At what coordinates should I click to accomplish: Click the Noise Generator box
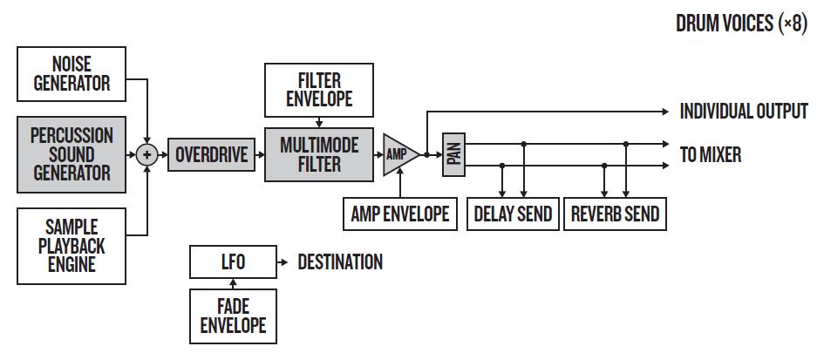tap(72, 73)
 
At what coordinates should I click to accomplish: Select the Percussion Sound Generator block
tap(72, 154)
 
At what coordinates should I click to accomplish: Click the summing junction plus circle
tap(148, 155)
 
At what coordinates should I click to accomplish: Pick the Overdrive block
tap(209, 155)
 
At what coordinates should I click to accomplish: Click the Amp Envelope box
tap(400, 213)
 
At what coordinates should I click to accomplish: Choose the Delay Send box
tap(513, 213)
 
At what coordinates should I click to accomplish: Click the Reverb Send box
tap(615, 213)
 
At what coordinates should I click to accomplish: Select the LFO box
tap(231, 262)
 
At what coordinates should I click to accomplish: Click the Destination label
tap(340, 262)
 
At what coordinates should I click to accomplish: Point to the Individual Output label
tap(743, 112)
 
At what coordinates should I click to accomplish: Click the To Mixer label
tap(711, 155)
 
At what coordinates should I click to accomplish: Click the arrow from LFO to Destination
tap(281, 262)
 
